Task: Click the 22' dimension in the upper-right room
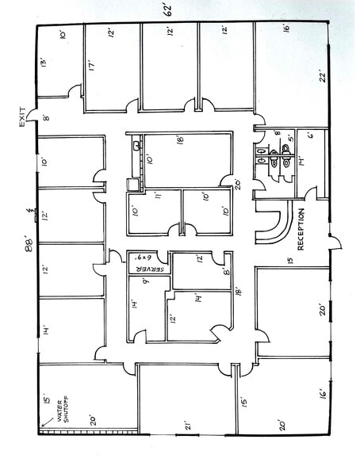click(x=321, y=77)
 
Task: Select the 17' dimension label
click(x=93, y=67)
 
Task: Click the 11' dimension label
click(x=159, y=195)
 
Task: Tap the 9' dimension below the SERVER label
click(x=146, y=280)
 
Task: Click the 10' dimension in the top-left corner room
click(x=62, y=35)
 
